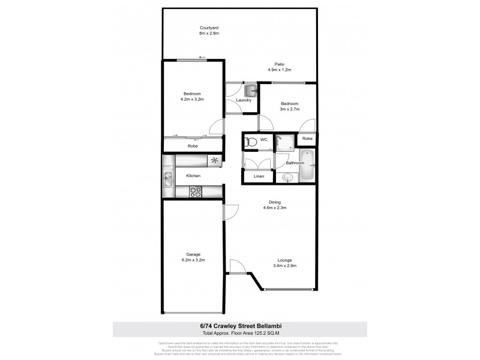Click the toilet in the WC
click(x=251, y=142)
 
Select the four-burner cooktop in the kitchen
click(x=196, y=192)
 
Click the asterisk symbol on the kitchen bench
click(x=214, y=160)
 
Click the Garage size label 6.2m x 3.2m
click(x=193, y=260)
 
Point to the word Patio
click(x=279, y=64)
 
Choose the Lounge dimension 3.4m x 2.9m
click(x=285, y=266)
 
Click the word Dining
click(x=275, y=202)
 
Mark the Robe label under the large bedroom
click(x=193, y=146)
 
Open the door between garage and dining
click(x=229, y=212)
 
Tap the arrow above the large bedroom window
click(x=202, y=58)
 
